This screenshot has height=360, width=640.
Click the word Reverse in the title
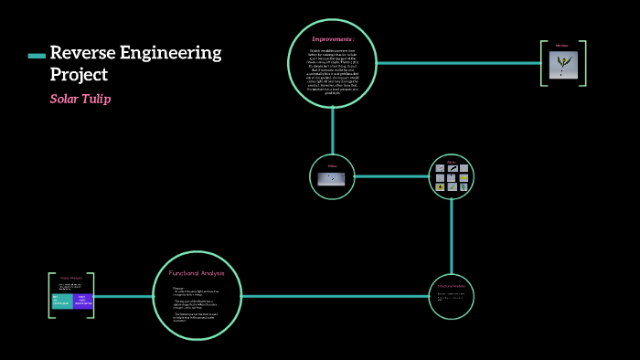point(82,52)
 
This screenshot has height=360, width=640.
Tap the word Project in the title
point(79,75)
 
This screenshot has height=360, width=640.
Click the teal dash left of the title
point(37,56)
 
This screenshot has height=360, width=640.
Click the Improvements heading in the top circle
point(333,39)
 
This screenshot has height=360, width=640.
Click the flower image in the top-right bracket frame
point(562,64)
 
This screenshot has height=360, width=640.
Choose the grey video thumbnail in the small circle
point(331,178)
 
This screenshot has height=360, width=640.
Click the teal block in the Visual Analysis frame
point(61,301)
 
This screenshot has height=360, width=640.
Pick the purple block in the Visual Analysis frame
point(82,301)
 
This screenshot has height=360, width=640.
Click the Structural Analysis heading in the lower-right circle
point(451,286)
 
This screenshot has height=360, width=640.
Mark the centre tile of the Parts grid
point(452,177)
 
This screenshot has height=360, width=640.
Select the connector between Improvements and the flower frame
point(457,63)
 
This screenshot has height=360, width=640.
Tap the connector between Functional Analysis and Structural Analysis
point(338,296)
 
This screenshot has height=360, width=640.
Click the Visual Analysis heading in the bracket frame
point(71,278)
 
